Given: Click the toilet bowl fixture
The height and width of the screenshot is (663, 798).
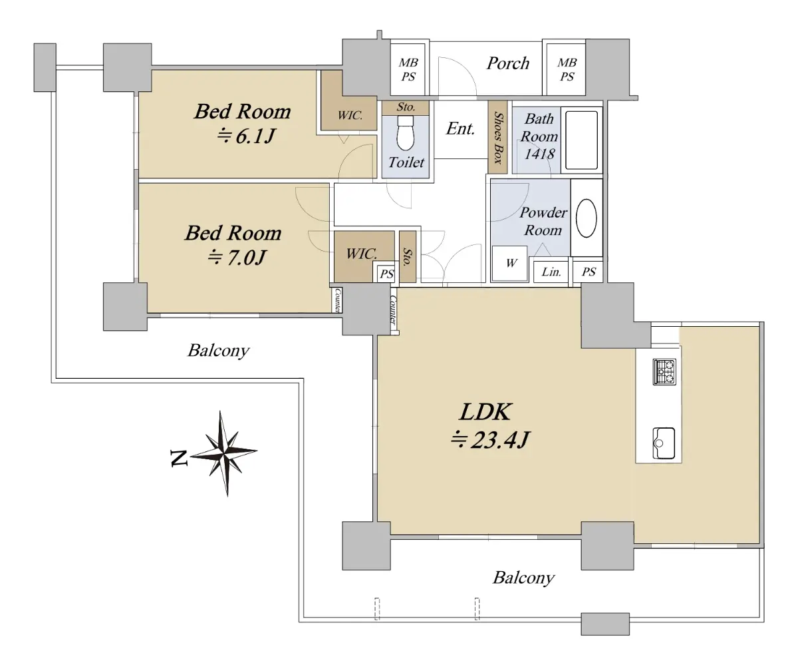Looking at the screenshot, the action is pos(406,132).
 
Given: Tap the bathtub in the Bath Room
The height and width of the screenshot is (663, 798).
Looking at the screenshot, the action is pos(581,140).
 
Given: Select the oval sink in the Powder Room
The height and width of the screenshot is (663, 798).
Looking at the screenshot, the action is pos(586,218).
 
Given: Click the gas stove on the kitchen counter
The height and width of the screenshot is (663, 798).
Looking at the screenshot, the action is pos(664,371).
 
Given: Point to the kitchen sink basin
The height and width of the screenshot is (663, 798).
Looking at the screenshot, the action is pos(664,443).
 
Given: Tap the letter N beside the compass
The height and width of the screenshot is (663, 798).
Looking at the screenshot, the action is pos(179,459).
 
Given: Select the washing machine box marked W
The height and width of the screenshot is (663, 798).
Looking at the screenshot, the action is pos(510,264).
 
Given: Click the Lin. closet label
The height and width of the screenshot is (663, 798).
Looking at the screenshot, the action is pos(551,272).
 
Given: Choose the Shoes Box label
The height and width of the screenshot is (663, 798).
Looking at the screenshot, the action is pos(498,138).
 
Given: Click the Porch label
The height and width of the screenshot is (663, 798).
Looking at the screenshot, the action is pos(508,63).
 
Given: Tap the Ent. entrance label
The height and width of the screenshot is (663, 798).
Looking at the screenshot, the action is pos(460,129).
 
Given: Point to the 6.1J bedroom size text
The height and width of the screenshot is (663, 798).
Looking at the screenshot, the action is pos(247,136).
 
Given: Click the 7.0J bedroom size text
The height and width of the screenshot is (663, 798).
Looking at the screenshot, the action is pos(237,258).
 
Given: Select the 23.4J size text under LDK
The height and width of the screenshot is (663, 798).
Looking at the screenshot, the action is pos(490,440).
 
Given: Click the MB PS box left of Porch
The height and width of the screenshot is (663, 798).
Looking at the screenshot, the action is pos(408,69).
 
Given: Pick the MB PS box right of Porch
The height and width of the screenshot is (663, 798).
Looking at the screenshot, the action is pos(567,69).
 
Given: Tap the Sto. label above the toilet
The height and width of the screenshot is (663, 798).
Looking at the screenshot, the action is pos(406,107).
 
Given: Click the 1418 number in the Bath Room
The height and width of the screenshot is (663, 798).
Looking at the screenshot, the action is pos(539,154).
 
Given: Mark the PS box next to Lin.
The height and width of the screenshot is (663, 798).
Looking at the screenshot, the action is pos(588,272).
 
